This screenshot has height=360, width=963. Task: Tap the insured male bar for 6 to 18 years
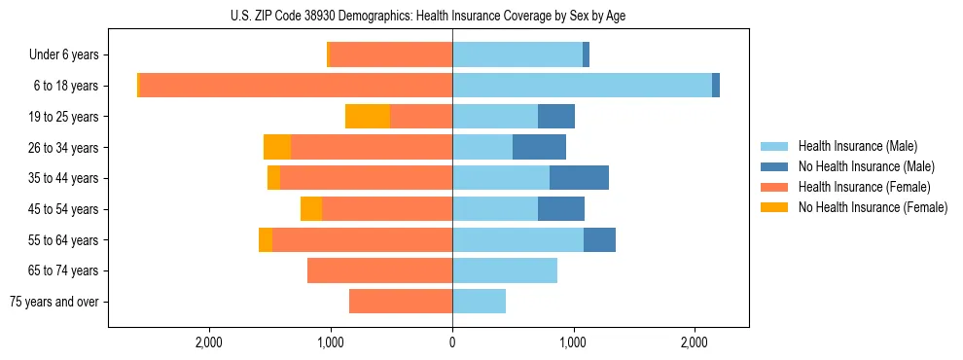(582, 86)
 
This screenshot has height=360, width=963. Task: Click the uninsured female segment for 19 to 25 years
(368, 117)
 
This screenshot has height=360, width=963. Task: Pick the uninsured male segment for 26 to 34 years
(539, 147)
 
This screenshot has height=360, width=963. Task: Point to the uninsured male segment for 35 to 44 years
(579, 178)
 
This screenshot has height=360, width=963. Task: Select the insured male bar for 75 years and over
(479, 302)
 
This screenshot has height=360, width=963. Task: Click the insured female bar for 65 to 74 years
(379, 270)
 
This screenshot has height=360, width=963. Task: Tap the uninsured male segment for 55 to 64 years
(599, 239)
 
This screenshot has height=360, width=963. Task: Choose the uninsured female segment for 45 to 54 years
(311, 209)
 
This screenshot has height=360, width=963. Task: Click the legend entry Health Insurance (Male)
(857, 146)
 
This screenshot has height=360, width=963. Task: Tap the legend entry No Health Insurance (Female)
(873, 207)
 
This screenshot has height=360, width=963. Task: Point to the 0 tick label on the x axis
(452, 342)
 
